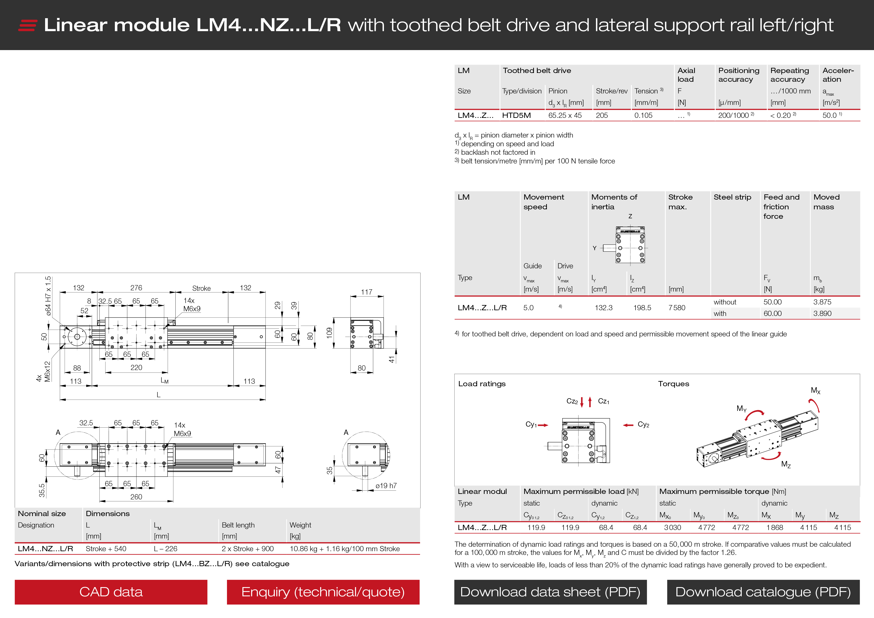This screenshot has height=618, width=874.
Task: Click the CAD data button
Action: [111, 592]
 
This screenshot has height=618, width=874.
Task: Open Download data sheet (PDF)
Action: [550, 592]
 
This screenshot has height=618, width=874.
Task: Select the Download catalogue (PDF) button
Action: [763, 592]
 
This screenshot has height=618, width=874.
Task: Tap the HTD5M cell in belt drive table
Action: [516, 115]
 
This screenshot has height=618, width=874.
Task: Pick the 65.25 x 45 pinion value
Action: [565, 115]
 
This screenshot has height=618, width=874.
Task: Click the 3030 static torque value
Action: [672, 527]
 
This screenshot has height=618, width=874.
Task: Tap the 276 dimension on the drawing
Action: [136, 288]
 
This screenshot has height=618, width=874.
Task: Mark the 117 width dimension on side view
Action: [366, 292]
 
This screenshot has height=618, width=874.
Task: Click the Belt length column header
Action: [238, 525]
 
